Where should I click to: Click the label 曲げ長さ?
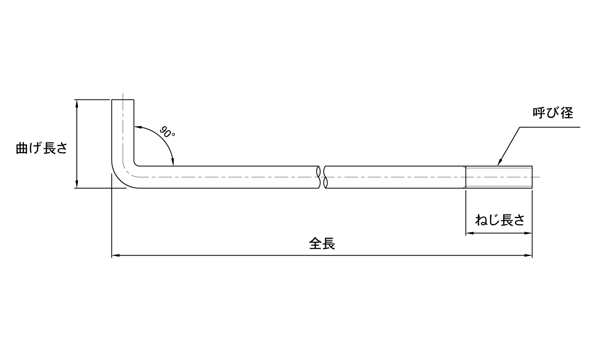[x=42, y=148]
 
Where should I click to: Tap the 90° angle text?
[x=167, y=132]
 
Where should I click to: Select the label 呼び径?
[x=553, y=113]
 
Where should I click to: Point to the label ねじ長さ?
[x=500, y=220]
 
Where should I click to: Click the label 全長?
[x=322, y=244]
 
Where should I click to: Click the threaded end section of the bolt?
[x=499, y=177]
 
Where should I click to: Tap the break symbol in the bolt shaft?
[x=322, y=177]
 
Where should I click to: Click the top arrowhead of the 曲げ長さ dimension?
[x=77, y=103]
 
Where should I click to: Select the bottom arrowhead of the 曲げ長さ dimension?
[x=77, y=184]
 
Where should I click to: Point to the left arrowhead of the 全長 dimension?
[x=116, y=256]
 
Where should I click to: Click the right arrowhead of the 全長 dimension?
[x=528, y=256]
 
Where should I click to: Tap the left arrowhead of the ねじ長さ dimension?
[x=470, y=233]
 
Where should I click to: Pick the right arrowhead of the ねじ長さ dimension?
[x=528, y=233]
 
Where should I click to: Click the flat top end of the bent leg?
[x=123, y=100]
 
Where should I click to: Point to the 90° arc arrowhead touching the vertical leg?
[x=138, y=128]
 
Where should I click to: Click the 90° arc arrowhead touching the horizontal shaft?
[x=173, y=162]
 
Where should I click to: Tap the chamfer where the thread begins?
[x=465, y=177]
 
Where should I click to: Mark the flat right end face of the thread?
[x=532, y=177]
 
